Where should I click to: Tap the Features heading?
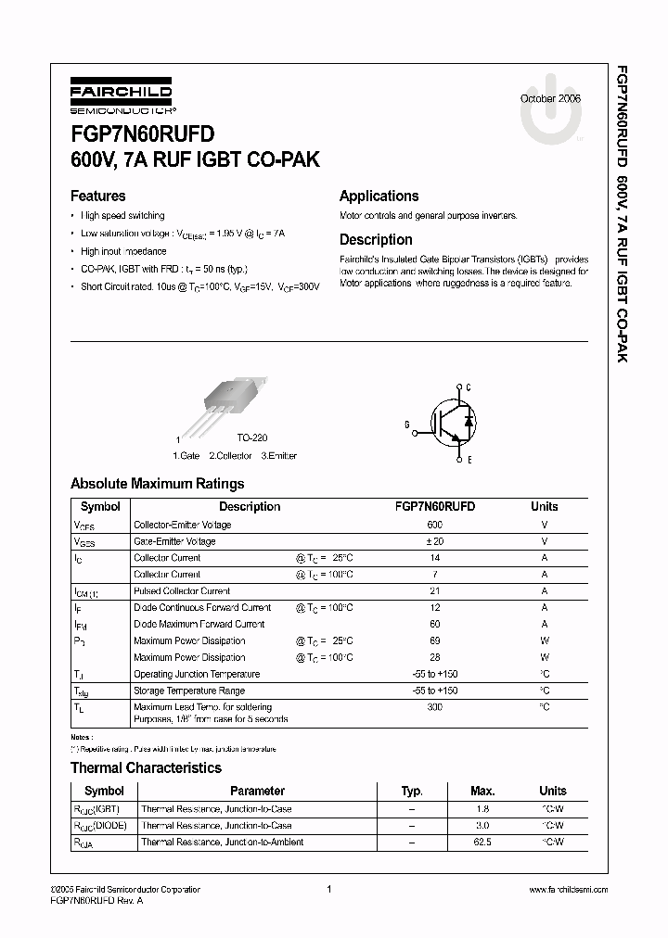tap(97, 196)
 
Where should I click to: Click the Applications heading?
tap(379, 196)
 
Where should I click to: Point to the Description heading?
tap(376, 239)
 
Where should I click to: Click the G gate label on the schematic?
tap(406, 424)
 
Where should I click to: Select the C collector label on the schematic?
tap(469, 387)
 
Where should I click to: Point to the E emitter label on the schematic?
tap(469, 460)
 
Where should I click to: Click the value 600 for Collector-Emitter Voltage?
tap(434, 525)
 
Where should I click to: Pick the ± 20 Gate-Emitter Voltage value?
tap(434, 541)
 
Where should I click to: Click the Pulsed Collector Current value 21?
tap(434, 591)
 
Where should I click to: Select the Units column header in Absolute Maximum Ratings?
tap(544, 507)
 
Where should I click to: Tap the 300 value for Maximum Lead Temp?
tap(434, 707)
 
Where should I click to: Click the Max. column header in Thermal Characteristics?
tap(482, 792)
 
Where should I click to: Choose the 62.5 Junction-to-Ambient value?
tap(482, 843)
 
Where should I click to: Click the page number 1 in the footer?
tap(329, 890)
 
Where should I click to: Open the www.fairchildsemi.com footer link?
tap(568, 890)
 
